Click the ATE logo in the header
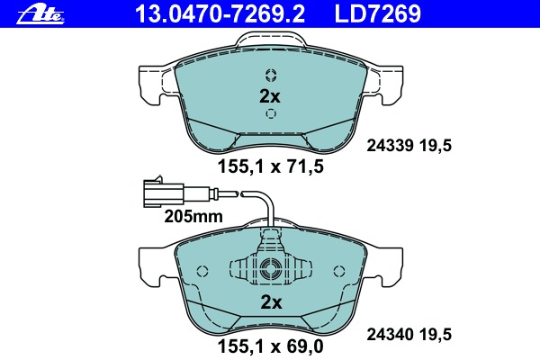(x=40, y=14)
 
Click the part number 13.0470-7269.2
(x=220, y=13)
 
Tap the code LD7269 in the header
(x=378, y=13)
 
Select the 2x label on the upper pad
(x=270, y=96)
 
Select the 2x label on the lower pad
(x=272, y=302)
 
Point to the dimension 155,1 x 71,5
(x=270, y=166)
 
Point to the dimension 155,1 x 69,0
(x=270, y=346)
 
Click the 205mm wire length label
(x=193, y=216)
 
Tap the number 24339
(x=390, y=146)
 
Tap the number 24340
(x=390, y=334)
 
